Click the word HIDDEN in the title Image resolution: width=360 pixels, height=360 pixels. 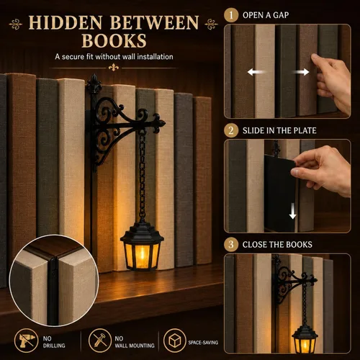tap(66, 23)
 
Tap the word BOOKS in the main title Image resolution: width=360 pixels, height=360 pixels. tap(114, 40)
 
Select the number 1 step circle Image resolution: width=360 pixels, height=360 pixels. tap(231, 15)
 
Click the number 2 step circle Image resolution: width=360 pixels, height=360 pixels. tap(231, 130)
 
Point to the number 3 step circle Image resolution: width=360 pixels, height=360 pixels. tap(231, 244)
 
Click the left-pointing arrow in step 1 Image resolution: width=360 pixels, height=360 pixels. tap(256, 72)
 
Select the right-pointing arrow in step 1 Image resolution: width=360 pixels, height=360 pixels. tap(301, 72)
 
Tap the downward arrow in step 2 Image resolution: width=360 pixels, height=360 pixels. tap(292, 211)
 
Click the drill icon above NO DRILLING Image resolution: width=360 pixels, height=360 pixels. tap(26, 341)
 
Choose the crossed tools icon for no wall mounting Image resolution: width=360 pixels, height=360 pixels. tap(100, 341)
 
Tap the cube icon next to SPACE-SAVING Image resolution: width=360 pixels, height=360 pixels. tap(175, 341)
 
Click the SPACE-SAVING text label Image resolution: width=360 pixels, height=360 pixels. tap(203, 343)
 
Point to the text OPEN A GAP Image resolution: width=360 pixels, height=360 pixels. tap(266, 15)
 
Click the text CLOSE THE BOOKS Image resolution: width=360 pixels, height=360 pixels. tap(277, 245)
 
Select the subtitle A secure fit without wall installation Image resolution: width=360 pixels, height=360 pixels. tap(114, 57)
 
